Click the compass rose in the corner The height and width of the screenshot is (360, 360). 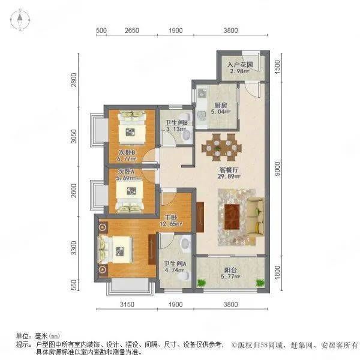pyautogui.click(x=20, y=20)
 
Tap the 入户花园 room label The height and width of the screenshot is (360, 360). pyautogui.click(x=240, y=65)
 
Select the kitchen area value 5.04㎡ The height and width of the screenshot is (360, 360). pyautogui.click(x=220, y=112)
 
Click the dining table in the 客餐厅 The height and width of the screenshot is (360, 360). pyautogui.click(x=221, y=147)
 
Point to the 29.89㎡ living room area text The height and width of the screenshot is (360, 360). pyautogui.click(x=229, y=176)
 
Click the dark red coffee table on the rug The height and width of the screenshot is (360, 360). pyautogui.click(x=232, y=217)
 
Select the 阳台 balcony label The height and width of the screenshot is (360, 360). pyautogui.click(x=230, y=270)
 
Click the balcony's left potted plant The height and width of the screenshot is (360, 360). pyautogui.click(x=201, y=283)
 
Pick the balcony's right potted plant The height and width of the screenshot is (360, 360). pyautogui.click(x=260, y=283)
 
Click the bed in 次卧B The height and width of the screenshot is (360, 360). pyautogui.click(x=132, y=128)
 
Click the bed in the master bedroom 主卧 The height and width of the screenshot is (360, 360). pyautogui.click(x=115, y=250)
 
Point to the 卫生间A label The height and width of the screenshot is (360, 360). pyautogui.click(x=175, y=264)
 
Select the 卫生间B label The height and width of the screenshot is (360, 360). pyautogui.click(x=176, y=123)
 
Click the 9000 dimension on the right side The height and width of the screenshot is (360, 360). pyautogui.click(x=278, y=169)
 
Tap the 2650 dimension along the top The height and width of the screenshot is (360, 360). pyautogui.click(x=132, y=31)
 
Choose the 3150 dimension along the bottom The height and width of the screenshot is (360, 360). pyautogui.click(x=127, y=304)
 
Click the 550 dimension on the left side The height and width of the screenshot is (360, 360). pyautogui.click(x=74, y=285)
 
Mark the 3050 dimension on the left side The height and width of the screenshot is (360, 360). pyautogui.click(x=74, y=136)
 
